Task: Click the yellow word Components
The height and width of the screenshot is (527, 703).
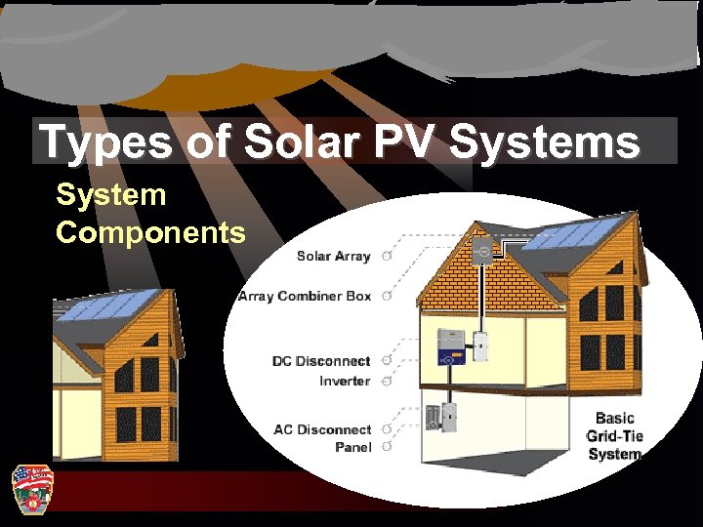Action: coord(150,233)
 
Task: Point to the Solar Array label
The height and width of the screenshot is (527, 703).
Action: coord(333,256)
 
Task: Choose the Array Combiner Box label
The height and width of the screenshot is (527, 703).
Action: coord(305,296)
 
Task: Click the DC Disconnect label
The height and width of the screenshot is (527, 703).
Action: coord(321,361)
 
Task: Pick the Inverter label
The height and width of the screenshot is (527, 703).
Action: coord(345,381)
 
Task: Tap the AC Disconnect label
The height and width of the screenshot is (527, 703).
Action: coord(322,429)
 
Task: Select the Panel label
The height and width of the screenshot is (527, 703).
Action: coord(352,447)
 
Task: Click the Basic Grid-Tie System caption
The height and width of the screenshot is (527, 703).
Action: coord(614,436)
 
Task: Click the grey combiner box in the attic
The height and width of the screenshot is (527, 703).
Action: coord(481,250)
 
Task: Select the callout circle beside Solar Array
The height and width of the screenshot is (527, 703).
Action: coord(388,257)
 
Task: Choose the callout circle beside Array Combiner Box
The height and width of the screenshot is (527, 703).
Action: coord(388,296)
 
